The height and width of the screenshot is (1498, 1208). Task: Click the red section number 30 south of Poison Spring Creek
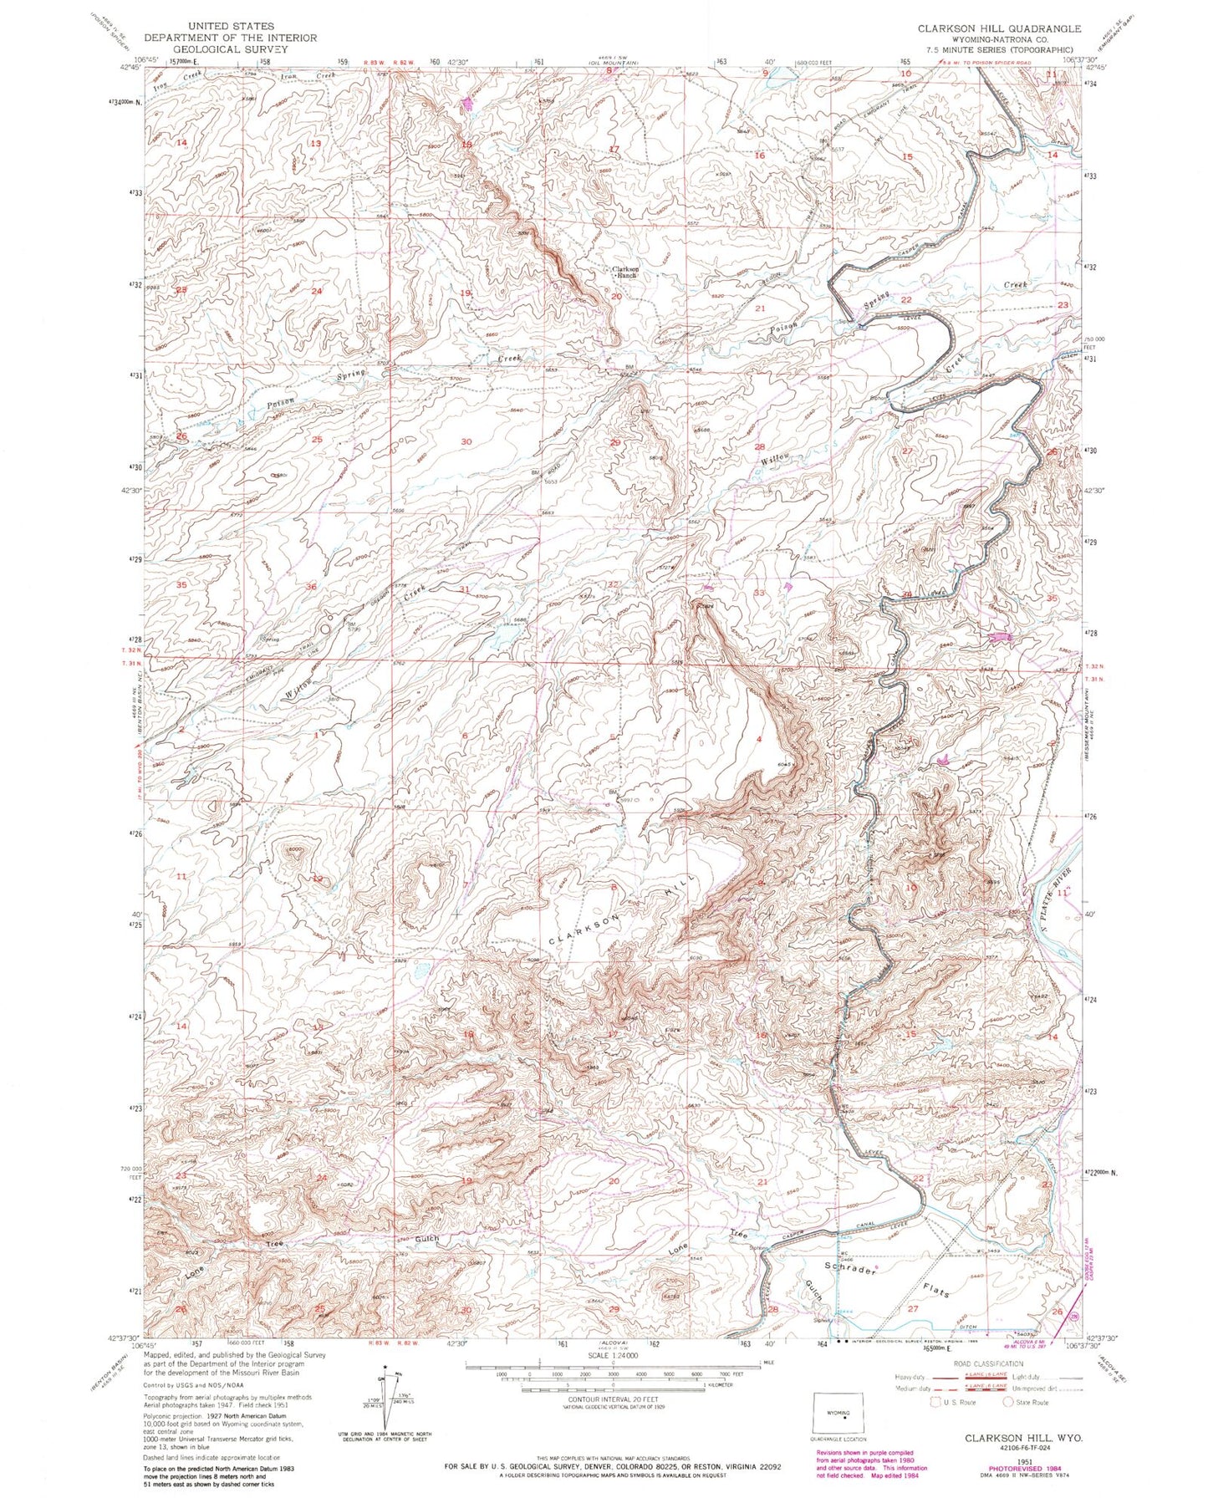click(x=466, y=441)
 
